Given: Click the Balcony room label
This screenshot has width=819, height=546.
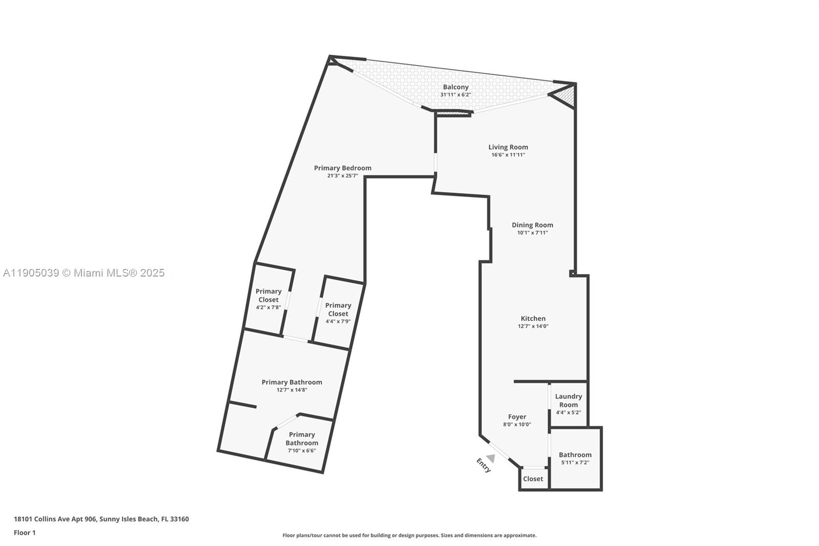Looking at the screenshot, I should point(456,87).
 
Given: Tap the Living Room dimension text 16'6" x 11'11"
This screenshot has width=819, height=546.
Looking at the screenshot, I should point(508,155).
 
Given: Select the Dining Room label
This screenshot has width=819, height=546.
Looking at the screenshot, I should point(532,225).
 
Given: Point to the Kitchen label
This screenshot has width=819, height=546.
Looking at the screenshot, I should point(533,319).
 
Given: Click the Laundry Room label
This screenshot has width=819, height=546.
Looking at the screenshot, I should point(568,400).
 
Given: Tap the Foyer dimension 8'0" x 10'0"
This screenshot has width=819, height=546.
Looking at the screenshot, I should point(517,425).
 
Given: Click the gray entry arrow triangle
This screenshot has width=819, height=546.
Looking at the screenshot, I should point(491,457).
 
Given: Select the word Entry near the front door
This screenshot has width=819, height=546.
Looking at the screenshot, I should point(484,465).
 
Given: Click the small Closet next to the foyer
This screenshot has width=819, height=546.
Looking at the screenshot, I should point(533,479).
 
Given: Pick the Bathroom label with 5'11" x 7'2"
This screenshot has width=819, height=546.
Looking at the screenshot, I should point(575,455).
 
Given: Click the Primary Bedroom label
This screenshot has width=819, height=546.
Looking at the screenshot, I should point(342,168).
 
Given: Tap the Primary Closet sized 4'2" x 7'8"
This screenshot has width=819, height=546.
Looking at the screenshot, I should point(268,296).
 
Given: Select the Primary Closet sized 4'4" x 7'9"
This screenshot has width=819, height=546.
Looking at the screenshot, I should point(338,309).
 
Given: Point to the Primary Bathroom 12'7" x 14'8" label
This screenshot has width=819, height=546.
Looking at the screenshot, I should point(292,382).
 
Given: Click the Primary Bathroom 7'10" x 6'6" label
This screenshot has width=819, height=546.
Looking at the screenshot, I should point(301,439).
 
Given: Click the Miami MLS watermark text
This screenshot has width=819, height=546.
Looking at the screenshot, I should point(83,273).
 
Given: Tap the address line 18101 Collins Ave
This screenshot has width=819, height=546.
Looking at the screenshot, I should point(101,519).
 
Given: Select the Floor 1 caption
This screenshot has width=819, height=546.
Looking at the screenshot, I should point(25,533).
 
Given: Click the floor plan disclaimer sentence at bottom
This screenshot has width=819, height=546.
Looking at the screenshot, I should point(409,535).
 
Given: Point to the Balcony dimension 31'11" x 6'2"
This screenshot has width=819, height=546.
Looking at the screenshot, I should point(456,95).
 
